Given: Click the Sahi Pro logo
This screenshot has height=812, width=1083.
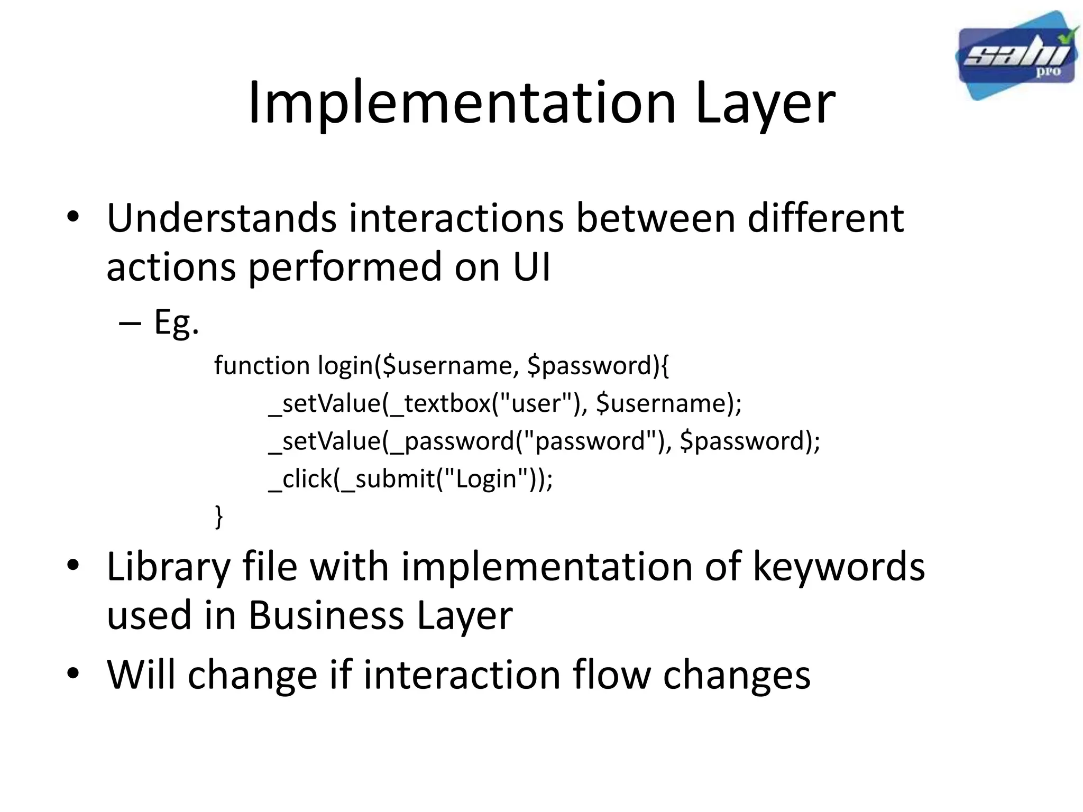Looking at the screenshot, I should point(1016,56).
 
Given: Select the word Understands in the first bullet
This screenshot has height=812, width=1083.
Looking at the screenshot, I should point(222,218).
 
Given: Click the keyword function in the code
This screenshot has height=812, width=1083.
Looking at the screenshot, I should point(262,366).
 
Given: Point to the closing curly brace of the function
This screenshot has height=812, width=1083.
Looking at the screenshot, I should point(219,516).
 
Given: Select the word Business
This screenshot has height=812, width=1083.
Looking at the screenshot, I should point(326,616).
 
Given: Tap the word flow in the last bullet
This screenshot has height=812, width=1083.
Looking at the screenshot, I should point(612,675).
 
